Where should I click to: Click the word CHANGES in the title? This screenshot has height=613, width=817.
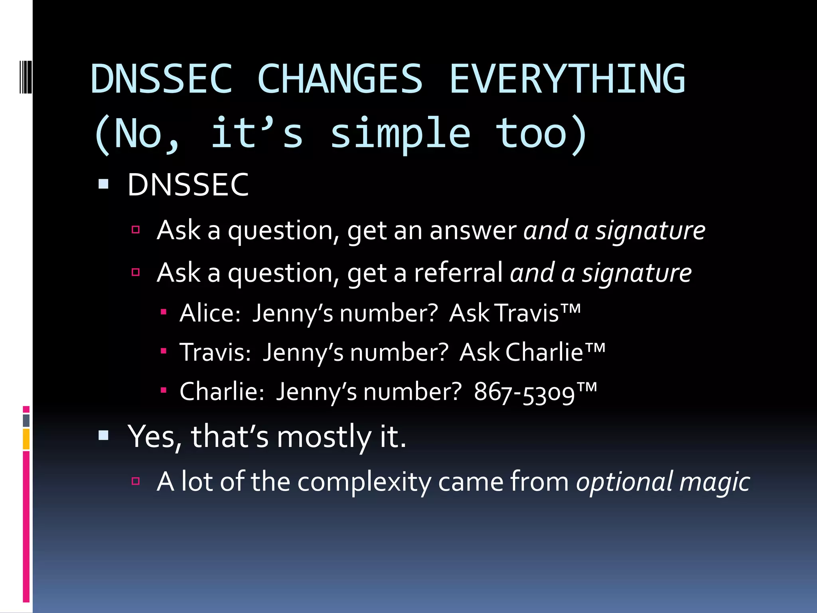coord(340,79)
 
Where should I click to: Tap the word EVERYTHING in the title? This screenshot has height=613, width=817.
coord(567,79)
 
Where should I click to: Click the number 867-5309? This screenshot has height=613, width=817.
coord(524,392)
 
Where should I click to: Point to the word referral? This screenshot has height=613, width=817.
coord(458,273)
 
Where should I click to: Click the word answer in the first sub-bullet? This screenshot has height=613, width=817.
coord(473,231)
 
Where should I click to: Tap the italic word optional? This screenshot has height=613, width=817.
coord(624,482)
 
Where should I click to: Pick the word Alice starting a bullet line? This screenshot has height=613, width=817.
coord(209,313)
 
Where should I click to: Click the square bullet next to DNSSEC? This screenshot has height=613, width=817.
coord(103,184)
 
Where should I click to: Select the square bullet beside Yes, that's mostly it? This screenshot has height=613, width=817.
coord(103,435)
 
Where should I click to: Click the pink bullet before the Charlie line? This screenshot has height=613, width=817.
coord(163,390)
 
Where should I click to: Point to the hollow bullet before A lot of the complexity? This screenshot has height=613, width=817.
coord(136,481)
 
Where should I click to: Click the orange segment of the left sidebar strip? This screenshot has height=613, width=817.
coord(26,439)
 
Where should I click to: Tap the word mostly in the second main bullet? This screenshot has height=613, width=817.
coord(324,437)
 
